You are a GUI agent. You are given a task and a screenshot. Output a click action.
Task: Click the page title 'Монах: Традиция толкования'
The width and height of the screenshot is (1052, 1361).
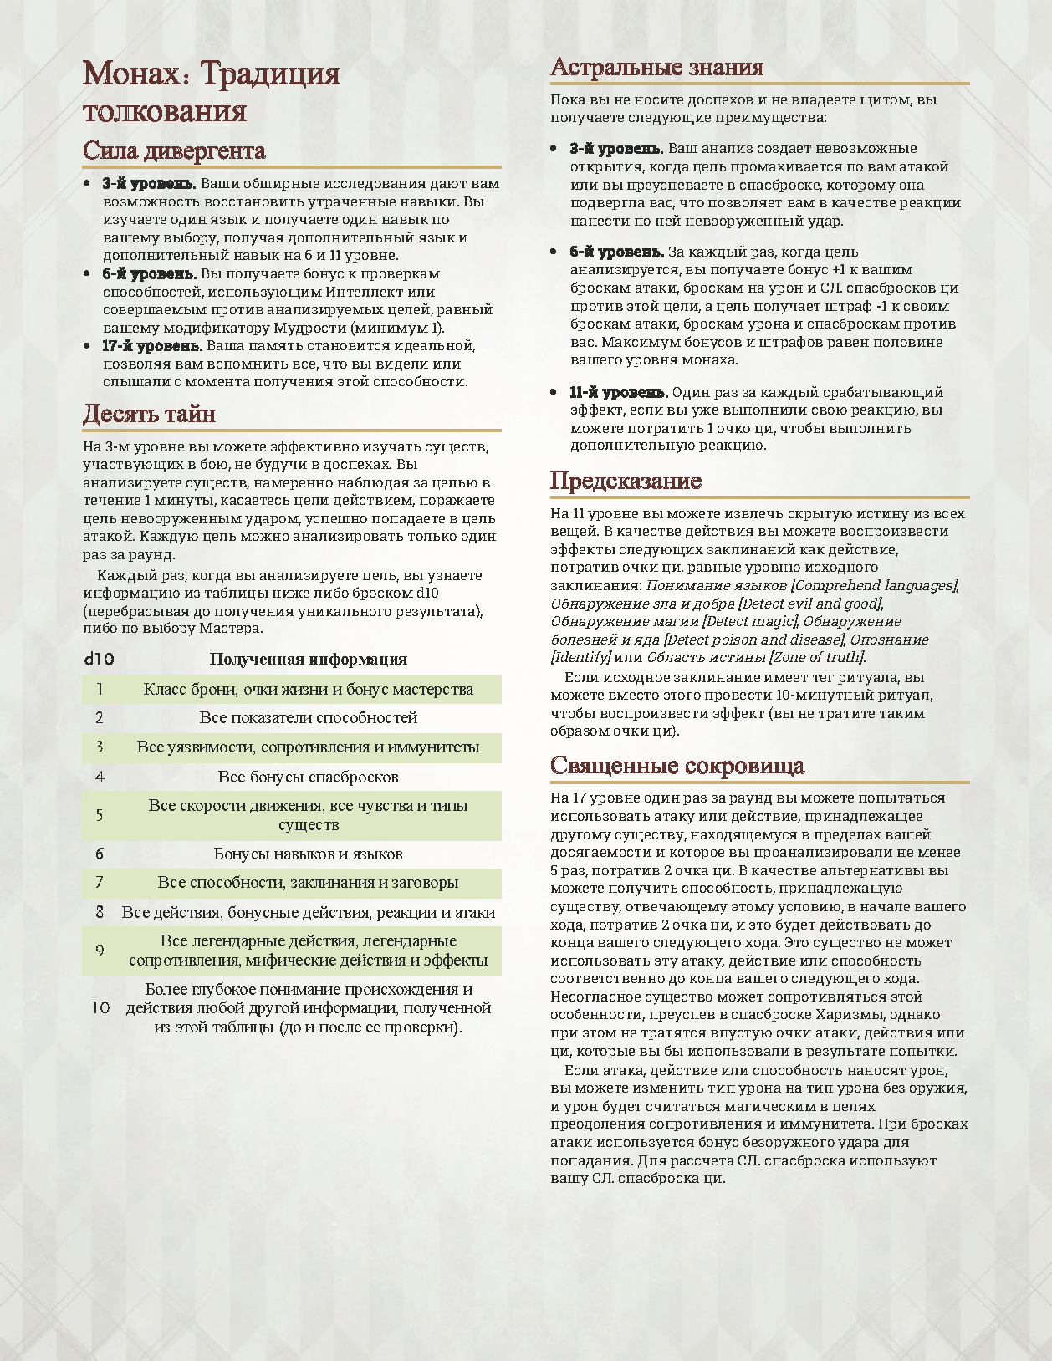[x=211, y=92]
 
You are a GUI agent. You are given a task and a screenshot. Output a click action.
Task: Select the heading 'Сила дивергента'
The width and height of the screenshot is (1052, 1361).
[x=174, y=151]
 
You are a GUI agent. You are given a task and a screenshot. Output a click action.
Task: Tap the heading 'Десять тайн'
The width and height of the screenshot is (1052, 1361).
[x=149, y=414]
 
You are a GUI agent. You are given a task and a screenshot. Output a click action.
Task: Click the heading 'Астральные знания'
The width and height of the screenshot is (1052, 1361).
[x=656, y=68]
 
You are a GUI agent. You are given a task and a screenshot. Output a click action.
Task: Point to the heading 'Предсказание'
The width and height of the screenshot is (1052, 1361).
[x=626, y=481]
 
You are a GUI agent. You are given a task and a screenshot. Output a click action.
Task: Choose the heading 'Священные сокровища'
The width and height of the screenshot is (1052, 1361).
[x=677, y=766]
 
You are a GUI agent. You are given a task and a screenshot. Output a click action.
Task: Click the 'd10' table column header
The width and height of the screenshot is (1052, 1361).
[x=99, y=659]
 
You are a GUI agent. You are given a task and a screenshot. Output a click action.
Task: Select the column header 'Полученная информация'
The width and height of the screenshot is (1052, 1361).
[x=308, y=659]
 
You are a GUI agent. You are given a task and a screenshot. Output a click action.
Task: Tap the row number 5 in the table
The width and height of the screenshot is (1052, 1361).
[x=100, y=815]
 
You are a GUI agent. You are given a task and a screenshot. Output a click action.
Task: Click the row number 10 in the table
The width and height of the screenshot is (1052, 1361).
[x=100, y=1007]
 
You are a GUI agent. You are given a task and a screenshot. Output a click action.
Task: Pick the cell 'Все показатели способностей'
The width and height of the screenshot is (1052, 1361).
[x=308, y=718]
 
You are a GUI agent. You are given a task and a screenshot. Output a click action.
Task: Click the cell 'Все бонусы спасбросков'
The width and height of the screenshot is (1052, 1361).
[x=308, y=777]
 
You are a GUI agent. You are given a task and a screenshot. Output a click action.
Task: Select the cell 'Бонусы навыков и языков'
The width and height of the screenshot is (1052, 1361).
[x=308, y=854]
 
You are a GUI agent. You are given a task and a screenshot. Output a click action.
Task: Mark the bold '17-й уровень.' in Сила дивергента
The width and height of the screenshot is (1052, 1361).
[x=152, y=346]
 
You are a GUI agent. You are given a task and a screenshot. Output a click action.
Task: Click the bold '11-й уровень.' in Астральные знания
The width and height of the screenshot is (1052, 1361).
[x=619, y=393]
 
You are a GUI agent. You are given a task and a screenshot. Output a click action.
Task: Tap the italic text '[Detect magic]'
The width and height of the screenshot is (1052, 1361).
[x=750, y=621]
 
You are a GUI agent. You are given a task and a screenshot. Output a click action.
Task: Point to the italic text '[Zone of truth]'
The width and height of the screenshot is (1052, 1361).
[x=816, y=657]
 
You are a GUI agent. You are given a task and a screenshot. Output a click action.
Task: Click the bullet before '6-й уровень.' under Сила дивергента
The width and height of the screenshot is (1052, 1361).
[x=88, y=274]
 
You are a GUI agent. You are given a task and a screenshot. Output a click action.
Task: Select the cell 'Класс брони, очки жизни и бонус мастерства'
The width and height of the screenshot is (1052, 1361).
[x=308, y=690]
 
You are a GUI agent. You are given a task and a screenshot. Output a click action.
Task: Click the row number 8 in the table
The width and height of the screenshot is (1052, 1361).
[x=100, y=912]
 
